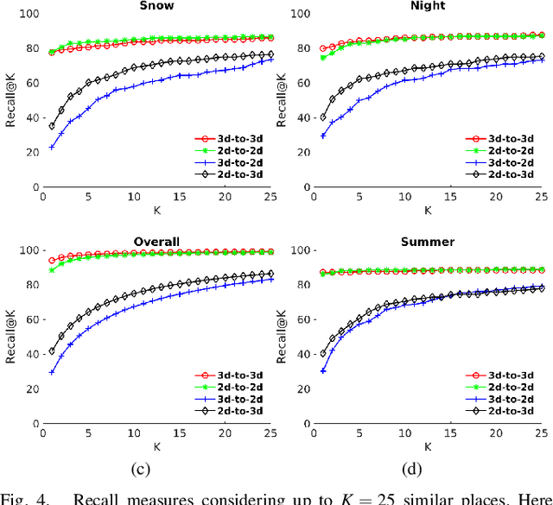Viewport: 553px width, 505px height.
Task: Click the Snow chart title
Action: pos(156,5)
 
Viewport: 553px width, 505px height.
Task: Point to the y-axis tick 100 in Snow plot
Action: pos(29,14)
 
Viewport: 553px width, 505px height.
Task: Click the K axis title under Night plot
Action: pos(426,209)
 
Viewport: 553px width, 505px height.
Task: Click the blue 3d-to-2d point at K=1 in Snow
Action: pos(52,147)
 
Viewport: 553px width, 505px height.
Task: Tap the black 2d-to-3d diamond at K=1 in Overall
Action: pos(52,351)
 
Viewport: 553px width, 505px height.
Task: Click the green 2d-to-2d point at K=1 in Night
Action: pos(323,58)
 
